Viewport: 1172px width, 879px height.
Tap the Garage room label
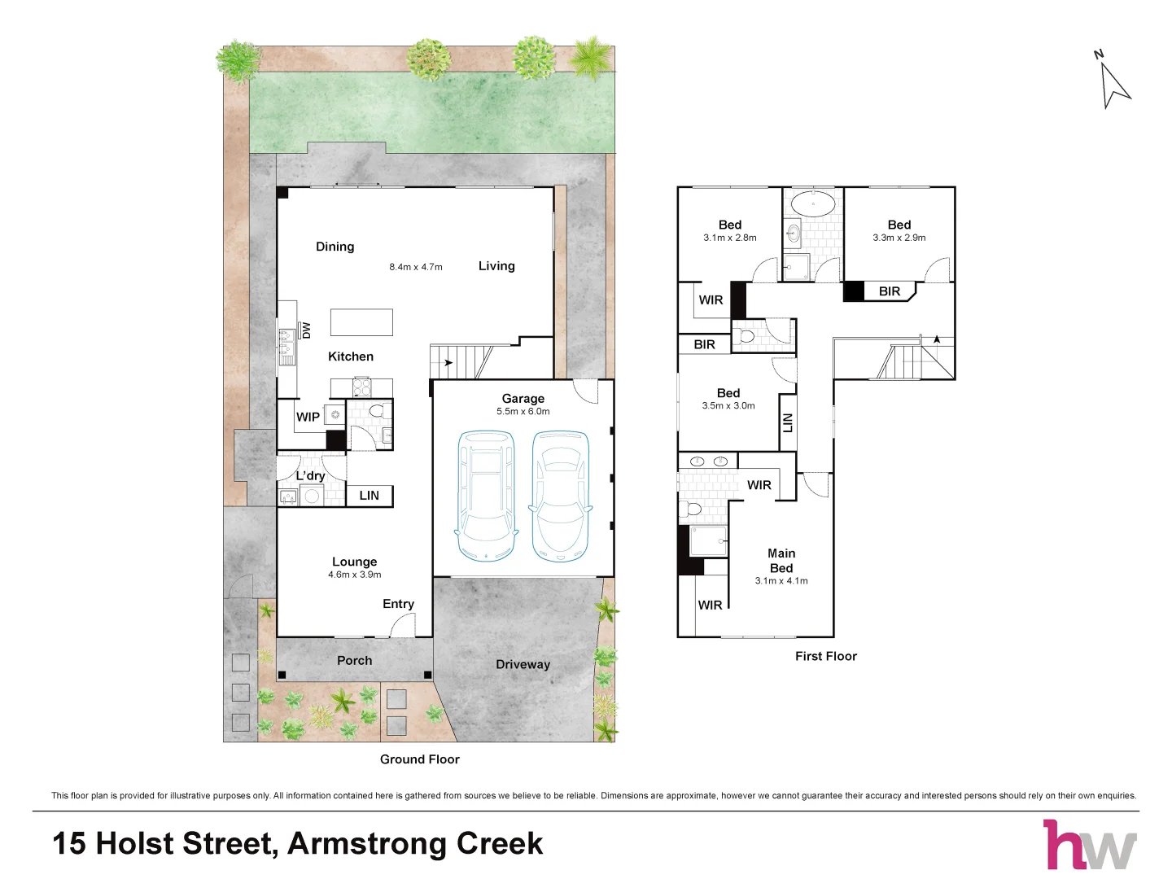click(x=523, y=399)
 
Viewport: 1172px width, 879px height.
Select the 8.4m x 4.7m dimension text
click(x=415, y=267)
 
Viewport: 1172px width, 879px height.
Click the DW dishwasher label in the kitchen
click(x=306, y=330)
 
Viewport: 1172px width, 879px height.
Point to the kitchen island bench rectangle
click(x=361, y=322)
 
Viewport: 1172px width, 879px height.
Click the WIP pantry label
click(x=308, y=417)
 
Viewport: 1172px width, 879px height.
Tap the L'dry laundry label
click(x=310, y=475)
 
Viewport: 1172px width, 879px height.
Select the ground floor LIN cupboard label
click(x=369, y=496)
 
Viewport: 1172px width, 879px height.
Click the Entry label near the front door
click(x=398, y=604)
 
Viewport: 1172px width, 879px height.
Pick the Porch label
click(x=355, y=661)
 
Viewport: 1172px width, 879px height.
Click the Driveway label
click(x=523, y=664)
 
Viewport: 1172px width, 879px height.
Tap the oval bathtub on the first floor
click(x=812, y=203)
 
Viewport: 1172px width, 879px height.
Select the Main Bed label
click(x=781, y=561)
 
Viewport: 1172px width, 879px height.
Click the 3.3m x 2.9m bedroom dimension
click(x=899, y=238)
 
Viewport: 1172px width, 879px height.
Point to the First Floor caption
click(x=826, y=657)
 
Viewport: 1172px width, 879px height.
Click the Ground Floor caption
click(x=420, y=759)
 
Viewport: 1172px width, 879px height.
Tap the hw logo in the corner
click(x=1089, y=845)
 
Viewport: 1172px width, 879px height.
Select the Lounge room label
click(x=355, y=562)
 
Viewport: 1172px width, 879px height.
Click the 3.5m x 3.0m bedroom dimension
click(x=728, y=406)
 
